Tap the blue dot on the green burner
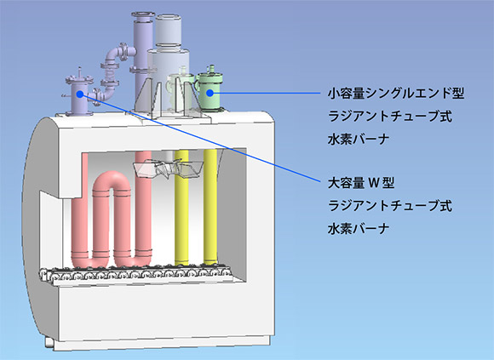[x=210, y=93]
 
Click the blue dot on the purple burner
[x=80, y=94]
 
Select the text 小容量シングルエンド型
[x=396, y=93]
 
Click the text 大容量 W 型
[x=361, y=183]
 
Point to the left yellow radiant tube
[x=181, y=208]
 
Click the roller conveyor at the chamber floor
[x=139, y=274]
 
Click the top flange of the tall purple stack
[x=143, y=14]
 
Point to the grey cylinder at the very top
[x=168, y=30]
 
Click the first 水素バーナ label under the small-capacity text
[x=359, y=139]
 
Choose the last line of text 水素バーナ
[x=359, y=228]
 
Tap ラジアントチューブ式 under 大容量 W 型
[x=390, y=206]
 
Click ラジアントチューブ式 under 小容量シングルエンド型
[x=390, y=116]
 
